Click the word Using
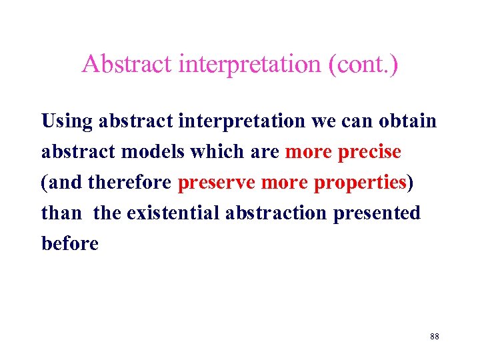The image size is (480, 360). pos(67,121)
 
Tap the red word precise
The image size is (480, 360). pos(369,152)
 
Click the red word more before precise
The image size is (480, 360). pos(309,152)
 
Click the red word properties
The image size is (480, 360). pos(360,183)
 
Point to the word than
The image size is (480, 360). pos(61,213)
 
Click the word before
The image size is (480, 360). pos(69,244)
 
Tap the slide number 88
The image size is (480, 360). pos(434,337)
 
